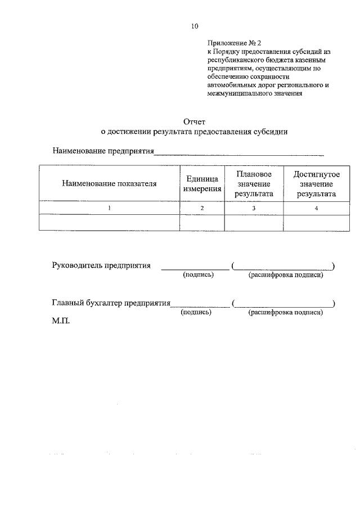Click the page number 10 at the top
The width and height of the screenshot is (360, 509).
point(195,26)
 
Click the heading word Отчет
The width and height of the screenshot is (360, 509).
point(195,121)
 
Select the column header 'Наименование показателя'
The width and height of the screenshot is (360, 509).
point(109,183)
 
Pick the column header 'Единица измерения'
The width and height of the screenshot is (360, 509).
point(202,183)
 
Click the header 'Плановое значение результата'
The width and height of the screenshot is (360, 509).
point(254,183)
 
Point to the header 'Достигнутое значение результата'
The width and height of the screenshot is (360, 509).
point(317,183)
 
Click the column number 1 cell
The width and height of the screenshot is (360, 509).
point(109,209)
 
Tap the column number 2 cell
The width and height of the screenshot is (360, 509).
point(202,209)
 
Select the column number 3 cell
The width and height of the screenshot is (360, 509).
point(254,209)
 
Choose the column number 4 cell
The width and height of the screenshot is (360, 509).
point(317,209)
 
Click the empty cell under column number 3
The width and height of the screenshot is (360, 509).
point(254,223)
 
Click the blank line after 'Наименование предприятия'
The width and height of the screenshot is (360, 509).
point(239,153)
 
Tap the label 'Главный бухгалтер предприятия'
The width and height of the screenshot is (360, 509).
point(111,304)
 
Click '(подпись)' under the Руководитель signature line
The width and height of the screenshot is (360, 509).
point(196,275)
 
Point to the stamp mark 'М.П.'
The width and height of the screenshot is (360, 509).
point(60,323)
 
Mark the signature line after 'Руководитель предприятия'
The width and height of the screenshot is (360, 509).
point(195,268)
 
